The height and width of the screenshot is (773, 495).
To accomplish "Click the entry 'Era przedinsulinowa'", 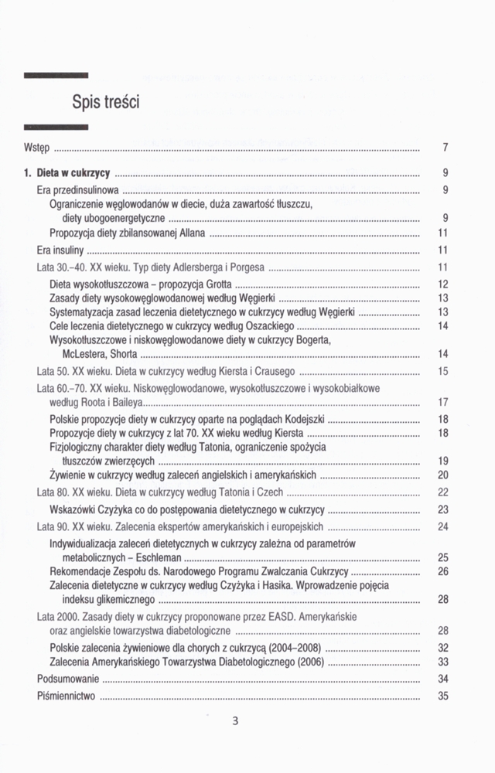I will point(77,189).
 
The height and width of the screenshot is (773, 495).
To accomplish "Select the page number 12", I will point(443,284).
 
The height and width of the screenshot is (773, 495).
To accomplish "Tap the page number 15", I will point(443,372).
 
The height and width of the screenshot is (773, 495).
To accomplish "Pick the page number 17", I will point(443,402).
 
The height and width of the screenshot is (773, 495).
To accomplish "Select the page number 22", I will point(443,492).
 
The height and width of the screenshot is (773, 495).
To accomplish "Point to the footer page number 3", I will point(236,722).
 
